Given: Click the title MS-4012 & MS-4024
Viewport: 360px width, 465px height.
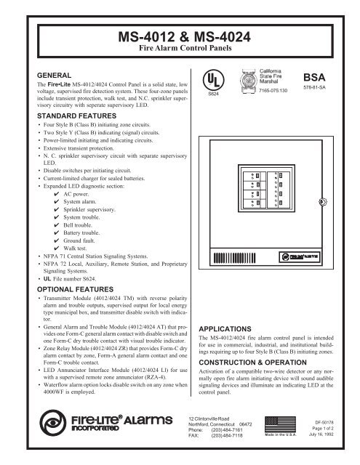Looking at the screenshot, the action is [180, 36].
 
